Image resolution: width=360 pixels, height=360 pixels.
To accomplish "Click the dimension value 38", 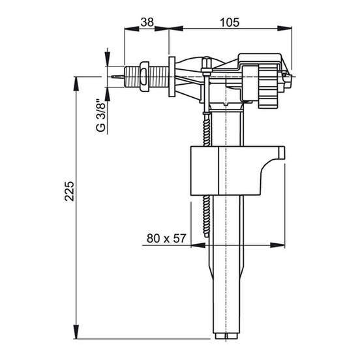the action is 147,22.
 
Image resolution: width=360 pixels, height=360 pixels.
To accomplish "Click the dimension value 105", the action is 230,22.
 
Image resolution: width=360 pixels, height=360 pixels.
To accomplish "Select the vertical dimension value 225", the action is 69,191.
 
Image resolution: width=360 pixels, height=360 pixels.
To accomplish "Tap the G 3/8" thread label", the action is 101,115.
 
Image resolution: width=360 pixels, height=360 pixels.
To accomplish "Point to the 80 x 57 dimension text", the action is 166,238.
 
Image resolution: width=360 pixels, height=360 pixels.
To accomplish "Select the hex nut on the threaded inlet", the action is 144,76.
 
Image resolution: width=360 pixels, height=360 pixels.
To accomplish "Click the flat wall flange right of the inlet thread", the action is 172,77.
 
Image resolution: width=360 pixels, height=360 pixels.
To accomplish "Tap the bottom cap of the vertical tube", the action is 226,336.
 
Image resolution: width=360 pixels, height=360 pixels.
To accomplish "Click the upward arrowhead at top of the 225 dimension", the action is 76,83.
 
